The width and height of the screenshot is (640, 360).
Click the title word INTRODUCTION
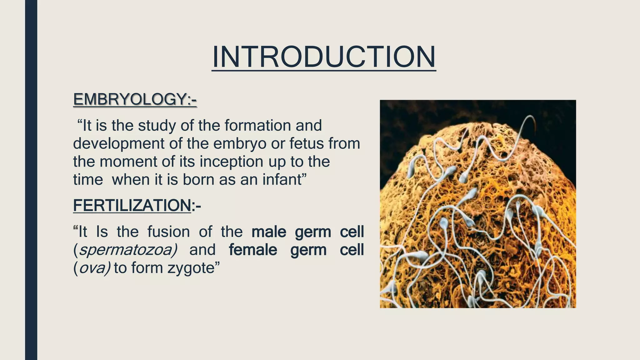point(324,57)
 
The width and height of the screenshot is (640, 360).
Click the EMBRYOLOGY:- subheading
point(135,99)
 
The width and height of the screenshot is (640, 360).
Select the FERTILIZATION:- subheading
point(137,206)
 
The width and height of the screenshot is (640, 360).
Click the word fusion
point(168,232)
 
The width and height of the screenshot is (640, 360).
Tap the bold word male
point(269,232)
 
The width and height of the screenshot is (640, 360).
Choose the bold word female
point(253,250)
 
